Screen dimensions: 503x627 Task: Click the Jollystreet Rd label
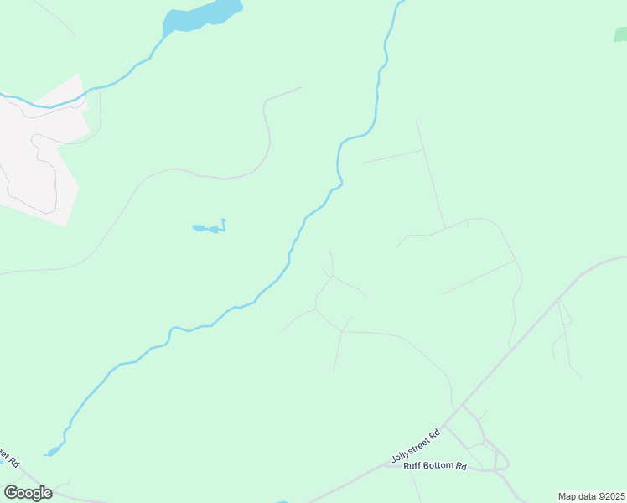tap(416, 446)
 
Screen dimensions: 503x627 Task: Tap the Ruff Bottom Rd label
tap(434, 466)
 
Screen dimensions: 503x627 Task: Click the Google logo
tap(28, 492)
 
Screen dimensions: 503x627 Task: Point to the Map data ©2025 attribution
tap(592, 496)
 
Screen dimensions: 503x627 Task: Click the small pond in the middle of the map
tap(207, 228)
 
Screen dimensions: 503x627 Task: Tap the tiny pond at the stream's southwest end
tap(52, 452)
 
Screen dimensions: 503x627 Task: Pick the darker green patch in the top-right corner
tap(620, 34)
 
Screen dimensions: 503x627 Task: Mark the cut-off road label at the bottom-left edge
tap(8, 458)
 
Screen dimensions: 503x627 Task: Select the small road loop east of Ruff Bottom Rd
tap(501, 460)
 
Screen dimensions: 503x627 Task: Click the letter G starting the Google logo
tap(11, 492)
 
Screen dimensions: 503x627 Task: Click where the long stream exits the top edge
tap(399, 3)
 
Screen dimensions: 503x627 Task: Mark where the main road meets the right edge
tap(623, 257)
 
